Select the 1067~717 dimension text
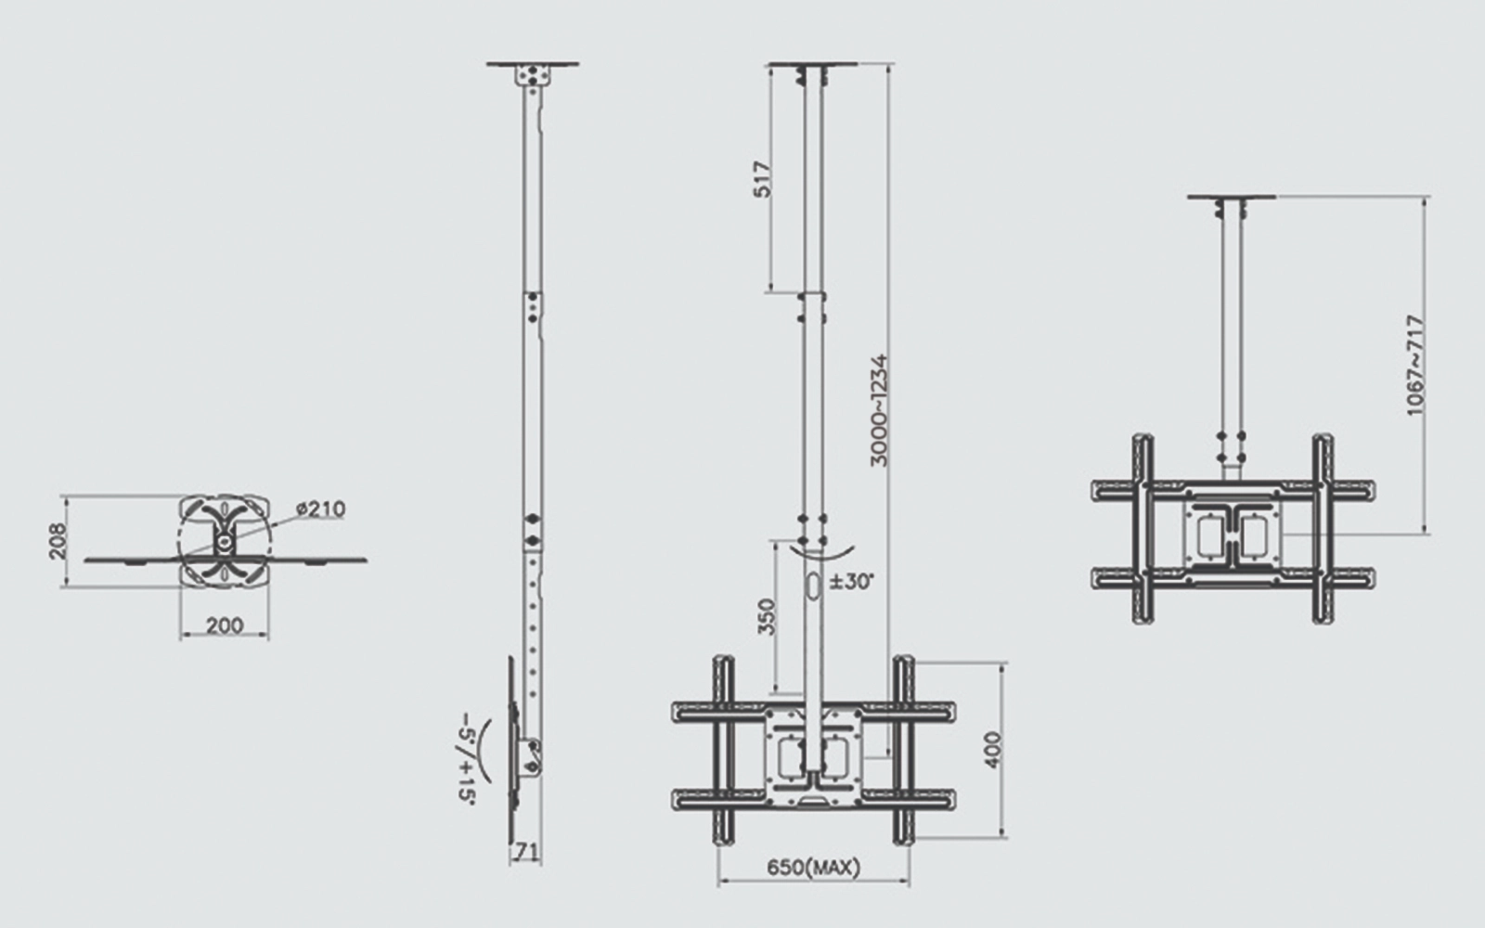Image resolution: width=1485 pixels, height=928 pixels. [x=1414, y=365]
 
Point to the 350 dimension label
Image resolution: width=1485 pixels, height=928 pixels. [x=766, y=615]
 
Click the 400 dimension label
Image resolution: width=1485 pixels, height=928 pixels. [x=993, y=751]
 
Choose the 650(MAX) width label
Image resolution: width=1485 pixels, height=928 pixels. [x=813, y=868]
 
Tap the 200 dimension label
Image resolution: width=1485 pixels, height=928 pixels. [x=224, y=625]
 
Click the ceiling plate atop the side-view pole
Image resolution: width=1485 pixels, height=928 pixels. [x=532, y=65]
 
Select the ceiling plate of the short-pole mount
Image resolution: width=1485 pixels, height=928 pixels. [x=1231, y=197]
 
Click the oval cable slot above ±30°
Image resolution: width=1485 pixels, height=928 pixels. [x=812, y=588]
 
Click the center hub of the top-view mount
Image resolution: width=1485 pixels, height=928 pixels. [x=225, y=539]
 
